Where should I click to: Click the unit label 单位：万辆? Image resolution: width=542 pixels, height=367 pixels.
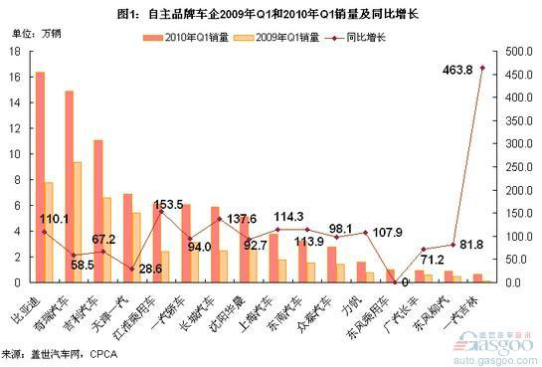pos(31,37)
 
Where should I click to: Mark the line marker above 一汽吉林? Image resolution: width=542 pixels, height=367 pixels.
pos(482,68)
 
